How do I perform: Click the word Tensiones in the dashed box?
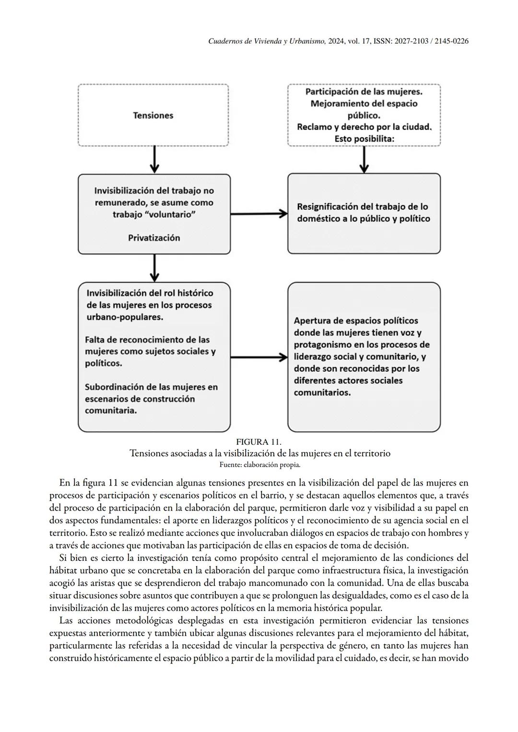click(x=153, y=116)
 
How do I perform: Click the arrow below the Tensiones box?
click(x=154, y=160)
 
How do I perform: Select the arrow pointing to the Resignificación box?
click(x=259, y=214)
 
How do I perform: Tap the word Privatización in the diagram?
click(x=154, y=238)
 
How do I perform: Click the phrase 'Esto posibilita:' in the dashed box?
click(x=364, y=139)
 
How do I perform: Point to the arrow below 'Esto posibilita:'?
click(x=364, y=160)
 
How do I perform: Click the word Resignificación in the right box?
click(x=327, y=207)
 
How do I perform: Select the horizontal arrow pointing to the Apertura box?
click(x=259, y=357)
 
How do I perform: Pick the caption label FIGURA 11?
click(x=259, y=442)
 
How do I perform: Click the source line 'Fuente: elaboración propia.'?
click(x=259, y=465)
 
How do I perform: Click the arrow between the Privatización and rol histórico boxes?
click(x=154, y=268)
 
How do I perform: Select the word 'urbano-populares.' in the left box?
click(x=125, y=317)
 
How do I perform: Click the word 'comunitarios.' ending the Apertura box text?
click(x=322, y=393)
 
